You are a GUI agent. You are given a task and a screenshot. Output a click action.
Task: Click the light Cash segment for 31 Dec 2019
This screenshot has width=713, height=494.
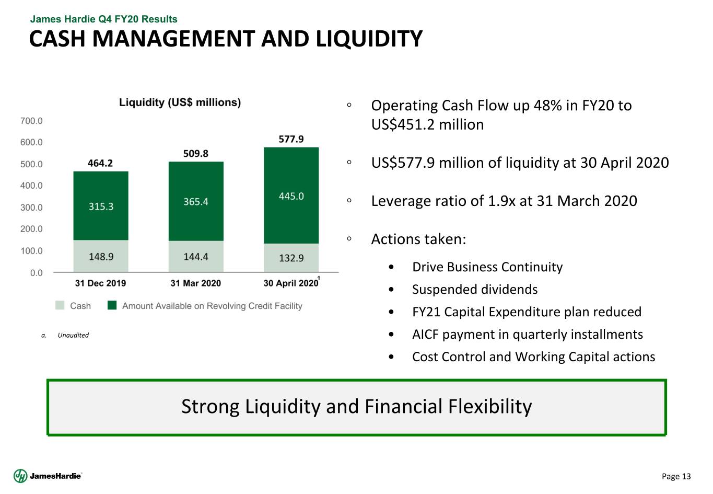[101, 256]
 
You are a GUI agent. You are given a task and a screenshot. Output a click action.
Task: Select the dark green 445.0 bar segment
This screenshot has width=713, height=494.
[291, 196]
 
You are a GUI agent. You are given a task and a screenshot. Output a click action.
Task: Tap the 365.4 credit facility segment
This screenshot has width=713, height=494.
[196, 201]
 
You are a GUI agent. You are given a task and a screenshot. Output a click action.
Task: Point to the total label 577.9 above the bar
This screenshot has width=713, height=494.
[291, 139]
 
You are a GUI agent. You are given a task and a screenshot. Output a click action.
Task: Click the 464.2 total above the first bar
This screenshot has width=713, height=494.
[100, 163]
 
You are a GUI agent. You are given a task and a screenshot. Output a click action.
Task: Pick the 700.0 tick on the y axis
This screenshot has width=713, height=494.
[32, 121]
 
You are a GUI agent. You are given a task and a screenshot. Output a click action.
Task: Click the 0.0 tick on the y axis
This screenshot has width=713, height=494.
[37, 273]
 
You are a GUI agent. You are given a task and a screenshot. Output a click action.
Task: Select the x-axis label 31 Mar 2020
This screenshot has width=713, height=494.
[196, 283]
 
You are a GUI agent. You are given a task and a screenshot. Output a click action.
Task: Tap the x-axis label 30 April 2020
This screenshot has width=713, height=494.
[290, 283]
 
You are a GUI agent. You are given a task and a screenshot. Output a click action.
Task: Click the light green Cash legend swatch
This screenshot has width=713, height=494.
[60, 305]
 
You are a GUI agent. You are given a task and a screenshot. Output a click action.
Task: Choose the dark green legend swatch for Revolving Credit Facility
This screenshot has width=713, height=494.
[112, 305]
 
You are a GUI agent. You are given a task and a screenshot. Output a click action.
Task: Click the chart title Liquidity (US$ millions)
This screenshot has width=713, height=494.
[180, 102]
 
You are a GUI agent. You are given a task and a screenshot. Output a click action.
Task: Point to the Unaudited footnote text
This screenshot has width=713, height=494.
[73, 335]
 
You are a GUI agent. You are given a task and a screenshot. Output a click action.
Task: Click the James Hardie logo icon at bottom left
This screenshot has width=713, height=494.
[20, 476]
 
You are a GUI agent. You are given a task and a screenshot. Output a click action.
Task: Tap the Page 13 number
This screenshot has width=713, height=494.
[676, 476]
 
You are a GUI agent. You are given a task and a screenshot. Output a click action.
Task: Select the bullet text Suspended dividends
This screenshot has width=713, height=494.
[474, 290]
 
